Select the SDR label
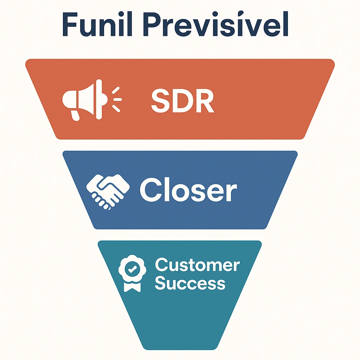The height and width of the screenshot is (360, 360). click(x=182, y=101)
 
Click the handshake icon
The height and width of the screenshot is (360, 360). click(x=108, y=190)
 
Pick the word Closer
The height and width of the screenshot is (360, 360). click(x=188, y=190)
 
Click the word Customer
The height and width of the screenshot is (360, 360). click(x=197, y=265)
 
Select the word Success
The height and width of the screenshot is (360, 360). click(x=190, y=283)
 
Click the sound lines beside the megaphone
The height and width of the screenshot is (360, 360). click(x=116, y=99)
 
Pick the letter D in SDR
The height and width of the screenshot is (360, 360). click(x=182, y=101)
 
